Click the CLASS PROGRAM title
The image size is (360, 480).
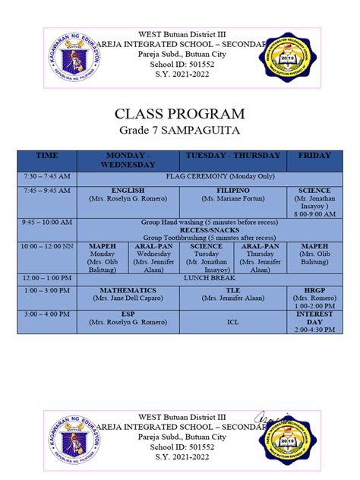coord(179,114)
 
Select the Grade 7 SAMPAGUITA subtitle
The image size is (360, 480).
coord(179,131)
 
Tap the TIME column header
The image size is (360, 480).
coord(46,156)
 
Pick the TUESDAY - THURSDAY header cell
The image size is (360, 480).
coord(232,156)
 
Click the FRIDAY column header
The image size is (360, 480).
coord(314,156)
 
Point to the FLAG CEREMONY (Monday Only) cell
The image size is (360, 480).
coord(210,176)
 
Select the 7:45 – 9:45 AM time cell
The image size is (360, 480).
coord(46,190)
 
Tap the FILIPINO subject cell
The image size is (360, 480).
coord(232,194)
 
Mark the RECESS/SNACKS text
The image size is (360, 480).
coord(210,229)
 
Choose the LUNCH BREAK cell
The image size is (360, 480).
coord(210,278)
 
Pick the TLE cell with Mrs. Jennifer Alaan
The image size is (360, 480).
coord(232,295)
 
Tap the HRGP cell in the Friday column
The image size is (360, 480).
coord(314,295)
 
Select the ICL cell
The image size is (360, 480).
coord(232,321)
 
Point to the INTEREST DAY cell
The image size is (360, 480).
coord(314,321)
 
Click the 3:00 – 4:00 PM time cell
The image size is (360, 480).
coord(46,314)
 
